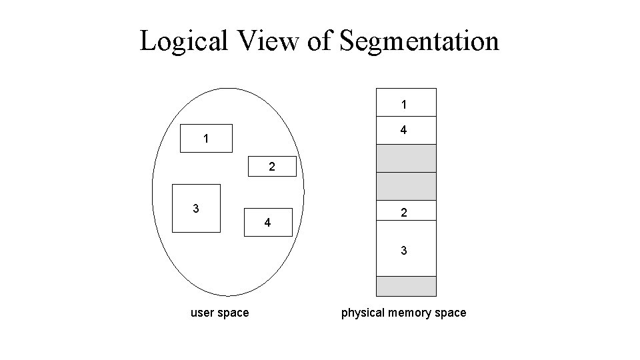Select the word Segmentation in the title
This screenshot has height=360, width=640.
click(x=419, y=41)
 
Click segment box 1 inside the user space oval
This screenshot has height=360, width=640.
click(x=207, y=139)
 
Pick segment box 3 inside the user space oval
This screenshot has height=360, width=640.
click(x=196, y=208)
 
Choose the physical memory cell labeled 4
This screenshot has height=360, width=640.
click(x=406, y=131)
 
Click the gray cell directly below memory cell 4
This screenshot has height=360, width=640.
click(x=406, y=158)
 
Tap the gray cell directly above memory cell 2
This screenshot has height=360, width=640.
click(x=406, y=186)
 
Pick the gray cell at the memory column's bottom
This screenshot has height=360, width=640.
click(x=406, y=286)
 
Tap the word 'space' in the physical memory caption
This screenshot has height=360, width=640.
click(x=451, y=313)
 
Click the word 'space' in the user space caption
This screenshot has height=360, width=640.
click(x=233, y=313)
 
